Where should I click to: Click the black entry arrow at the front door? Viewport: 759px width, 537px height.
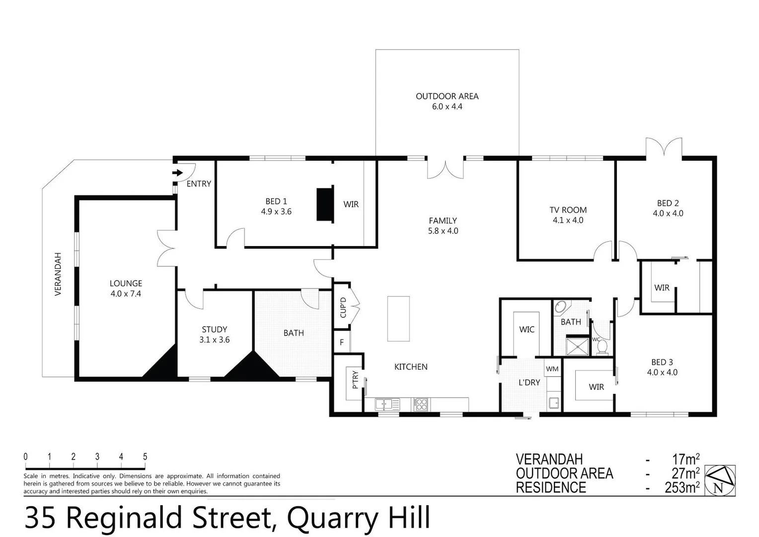pyautogui.click(x=177, y=173)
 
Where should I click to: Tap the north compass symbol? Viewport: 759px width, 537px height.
pyautogui.click(x=720, y=480)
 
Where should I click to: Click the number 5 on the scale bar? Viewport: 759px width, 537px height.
pyautogui.click(x=145, y=456)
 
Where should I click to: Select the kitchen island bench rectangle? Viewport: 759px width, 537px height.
pyautogui.click(x=398, y=318)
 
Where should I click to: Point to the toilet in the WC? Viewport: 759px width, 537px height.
pyautogui.click(x=602, y=346)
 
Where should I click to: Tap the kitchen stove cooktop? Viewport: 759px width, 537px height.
pyautogui.click(x=421, y=404)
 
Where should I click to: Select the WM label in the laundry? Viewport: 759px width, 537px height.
pyautogui.click(x=552, y=369)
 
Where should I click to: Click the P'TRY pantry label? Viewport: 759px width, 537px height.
pyautogui.click(x=355, y=380)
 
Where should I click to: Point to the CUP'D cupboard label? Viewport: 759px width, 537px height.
pyautogui.click(x=343, y=307)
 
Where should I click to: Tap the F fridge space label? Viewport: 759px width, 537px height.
pyautogui.click(x=342, y=342)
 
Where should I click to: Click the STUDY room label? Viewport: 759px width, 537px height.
pyautogui.click(x=215, y=329)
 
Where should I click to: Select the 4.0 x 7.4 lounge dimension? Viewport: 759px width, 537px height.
pyautogui.click(x=126, y=294)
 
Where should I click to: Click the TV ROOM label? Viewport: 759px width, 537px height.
pyautogui.click(x=568, y=210)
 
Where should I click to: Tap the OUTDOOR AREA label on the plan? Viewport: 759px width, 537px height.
pyautogui.click(x=447, y=96)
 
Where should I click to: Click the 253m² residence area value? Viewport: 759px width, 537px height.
pyautogui.click(x=682, y=487)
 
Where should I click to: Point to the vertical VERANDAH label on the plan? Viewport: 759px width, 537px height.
pyautogui.click(x=58, y=274)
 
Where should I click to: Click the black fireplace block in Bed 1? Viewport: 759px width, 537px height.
pyautogui.click(x=325, y=204)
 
